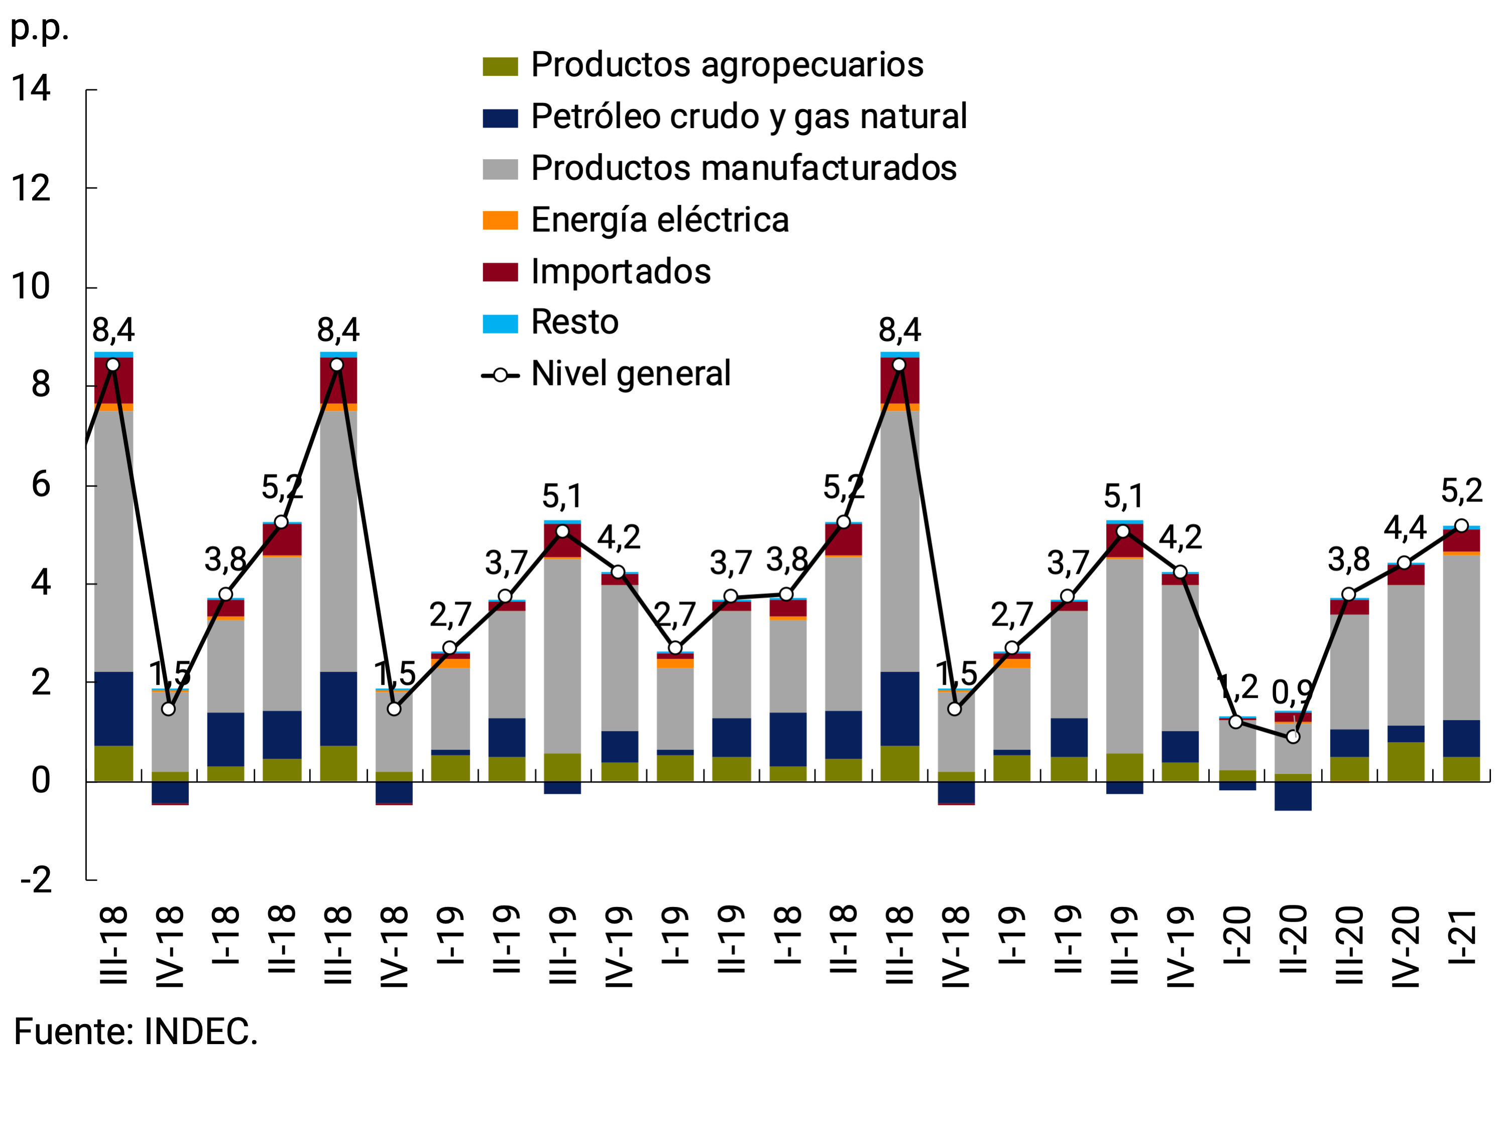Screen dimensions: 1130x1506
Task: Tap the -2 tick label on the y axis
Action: (36, 881)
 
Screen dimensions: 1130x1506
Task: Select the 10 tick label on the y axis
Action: (31, 287)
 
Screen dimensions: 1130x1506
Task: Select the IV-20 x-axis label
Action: (1405, 947)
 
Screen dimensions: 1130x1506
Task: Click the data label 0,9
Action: (1292, 693)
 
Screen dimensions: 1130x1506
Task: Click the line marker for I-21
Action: (1461, 526)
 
